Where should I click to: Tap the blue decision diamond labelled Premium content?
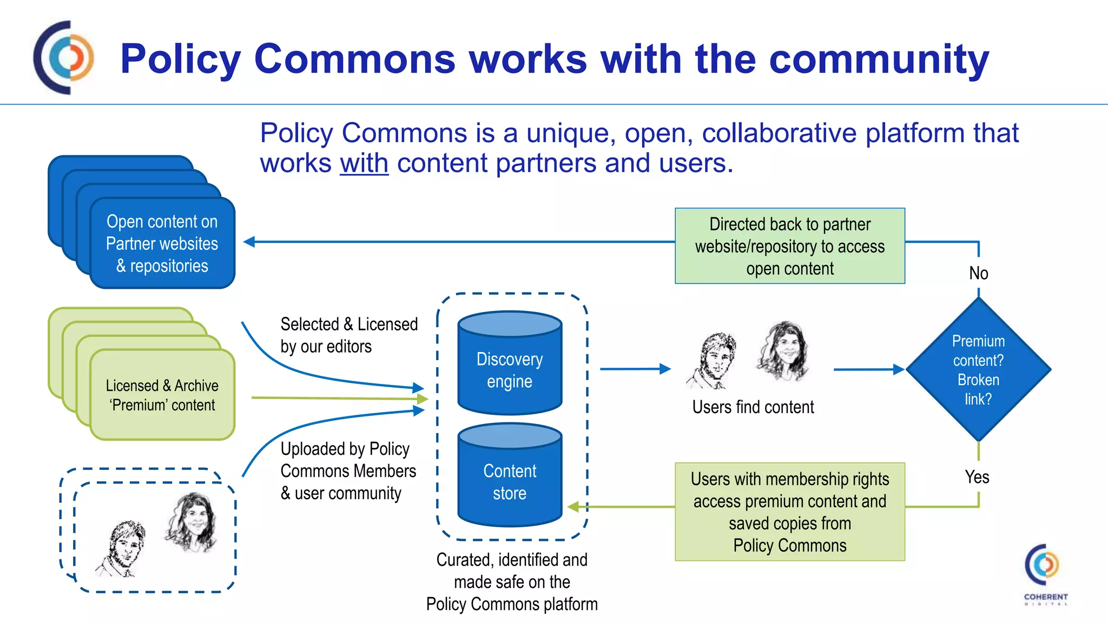[978, 370]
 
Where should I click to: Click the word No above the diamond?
[978, 273]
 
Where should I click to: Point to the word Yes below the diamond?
[977, 477]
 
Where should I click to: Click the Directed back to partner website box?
[789, 246]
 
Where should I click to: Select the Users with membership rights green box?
[789, 512]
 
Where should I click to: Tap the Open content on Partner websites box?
[162, 243]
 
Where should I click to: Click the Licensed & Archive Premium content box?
[162, 395]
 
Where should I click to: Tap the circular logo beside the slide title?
[64, 57]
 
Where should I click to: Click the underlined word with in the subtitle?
[364, 163]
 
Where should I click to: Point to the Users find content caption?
[753, 407]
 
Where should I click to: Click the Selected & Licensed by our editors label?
[348, 335]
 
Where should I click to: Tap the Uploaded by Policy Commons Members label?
[348, 470]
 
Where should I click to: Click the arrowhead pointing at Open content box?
[249, 242]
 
